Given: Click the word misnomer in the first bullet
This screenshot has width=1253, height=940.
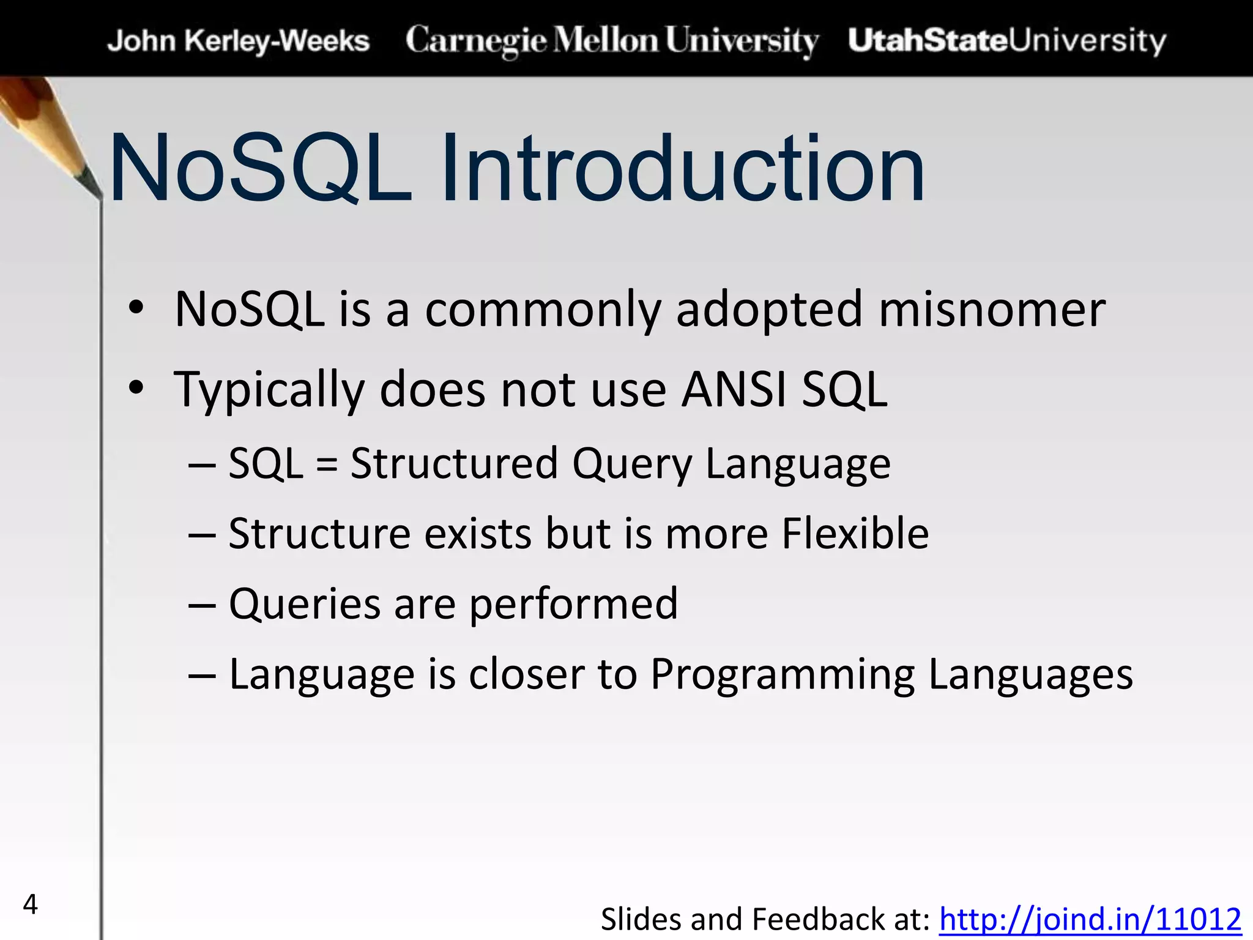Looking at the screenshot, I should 991,310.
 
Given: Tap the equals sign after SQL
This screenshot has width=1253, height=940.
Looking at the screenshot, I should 327,464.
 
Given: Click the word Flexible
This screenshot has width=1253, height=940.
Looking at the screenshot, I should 855,533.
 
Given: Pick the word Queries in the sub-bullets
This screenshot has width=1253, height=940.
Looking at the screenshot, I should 305,604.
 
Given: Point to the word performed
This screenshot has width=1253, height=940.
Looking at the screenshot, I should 573,604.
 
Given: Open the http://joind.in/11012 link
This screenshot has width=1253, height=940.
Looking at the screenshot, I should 1090,919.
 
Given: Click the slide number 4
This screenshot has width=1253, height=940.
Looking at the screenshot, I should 30,904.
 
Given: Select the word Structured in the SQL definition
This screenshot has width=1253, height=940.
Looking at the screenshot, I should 453,463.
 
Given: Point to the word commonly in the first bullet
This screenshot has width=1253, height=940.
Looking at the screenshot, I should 543,310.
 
